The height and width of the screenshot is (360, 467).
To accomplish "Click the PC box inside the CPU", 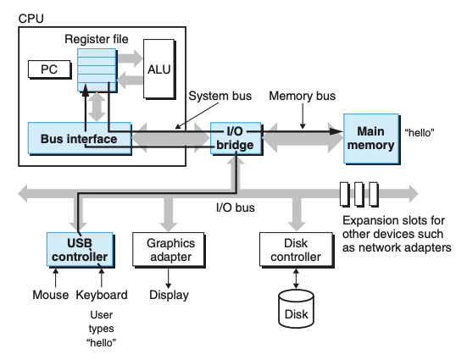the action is (49, 69).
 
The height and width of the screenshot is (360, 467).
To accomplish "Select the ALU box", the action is (159, 69).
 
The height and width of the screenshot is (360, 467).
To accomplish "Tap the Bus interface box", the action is (80, 138).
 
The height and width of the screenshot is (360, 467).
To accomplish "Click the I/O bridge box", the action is (236, 138).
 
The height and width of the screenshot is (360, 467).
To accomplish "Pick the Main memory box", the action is (371, 139).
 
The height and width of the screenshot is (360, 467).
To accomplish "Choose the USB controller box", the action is (80, 250).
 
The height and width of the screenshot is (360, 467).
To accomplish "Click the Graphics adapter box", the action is (169, 250).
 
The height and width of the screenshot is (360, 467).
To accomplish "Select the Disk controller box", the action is (297, 250).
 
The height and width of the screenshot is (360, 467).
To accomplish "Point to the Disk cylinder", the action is (296, 308).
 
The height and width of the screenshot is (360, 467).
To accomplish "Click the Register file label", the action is (97, 39).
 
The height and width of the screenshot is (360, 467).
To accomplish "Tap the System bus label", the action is (220, 96).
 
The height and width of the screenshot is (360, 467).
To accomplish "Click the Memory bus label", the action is (303, 96).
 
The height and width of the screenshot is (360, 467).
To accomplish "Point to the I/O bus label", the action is (236, 208).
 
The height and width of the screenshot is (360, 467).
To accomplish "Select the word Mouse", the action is (50, 295).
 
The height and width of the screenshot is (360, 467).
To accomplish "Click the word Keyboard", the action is (102, 295).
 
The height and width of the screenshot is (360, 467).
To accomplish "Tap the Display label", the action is (169, 295).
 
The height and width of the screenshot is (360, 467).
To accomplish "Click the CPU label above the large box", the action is (31, 19).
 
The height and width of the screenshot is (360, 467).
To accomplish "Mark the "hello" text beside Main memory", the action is (420, 132).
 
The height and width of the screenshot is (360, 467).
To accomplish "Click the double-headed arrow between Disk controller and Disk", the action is (296, 279).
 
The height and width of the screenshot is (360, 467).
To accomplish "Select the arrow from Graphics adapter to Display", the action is (169, 278).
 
